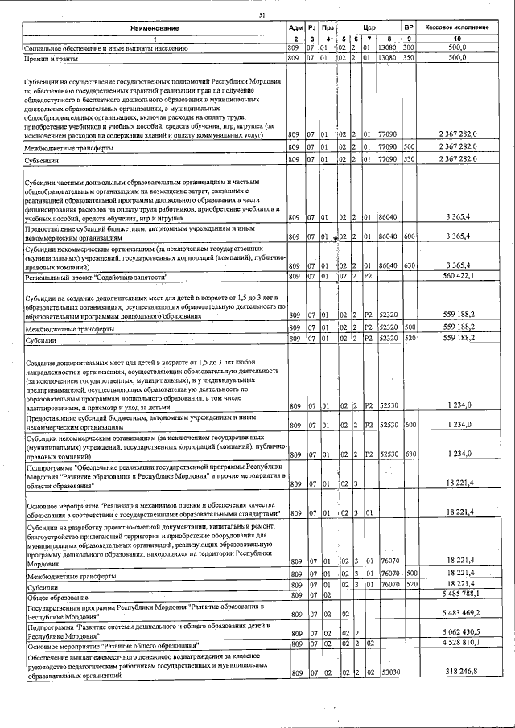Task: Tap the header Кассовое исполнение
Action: [x=457, y=28]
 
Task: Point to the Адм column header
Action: [x=295, y=29]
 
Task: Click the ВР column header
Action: [x=409, y=28]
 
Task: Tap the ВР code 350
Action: [x=408, y=58]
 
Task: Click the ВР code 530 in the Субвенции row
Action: [x=409, y=160]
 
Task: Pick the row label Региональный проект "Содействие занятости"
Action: [x=98, y=276]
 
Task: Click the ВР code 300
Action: [x=408, y=48]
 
